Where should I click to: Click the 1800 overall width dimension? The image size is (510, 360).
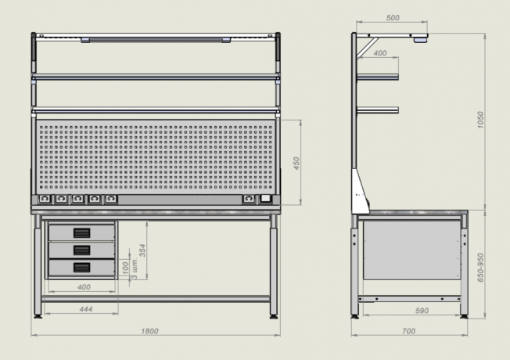149,331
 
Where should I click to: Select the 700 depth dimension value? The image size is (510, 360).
408,331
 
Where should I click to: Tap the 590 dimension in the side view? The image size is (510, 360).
422,311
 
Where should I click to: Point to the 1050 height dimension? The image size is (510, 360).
480,120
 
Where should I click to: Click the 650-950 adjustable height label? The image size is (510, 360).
480,268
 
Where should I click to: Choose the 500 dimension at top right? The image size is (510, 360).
393,18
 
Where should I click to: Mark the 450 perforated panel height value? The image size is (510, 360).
296,163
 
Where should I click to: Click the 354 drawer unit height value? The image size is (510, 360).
142,250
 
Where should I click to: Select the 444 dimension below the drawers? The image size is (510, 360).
86,309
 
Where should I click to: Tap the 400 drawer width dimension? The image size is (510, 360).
84,287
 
